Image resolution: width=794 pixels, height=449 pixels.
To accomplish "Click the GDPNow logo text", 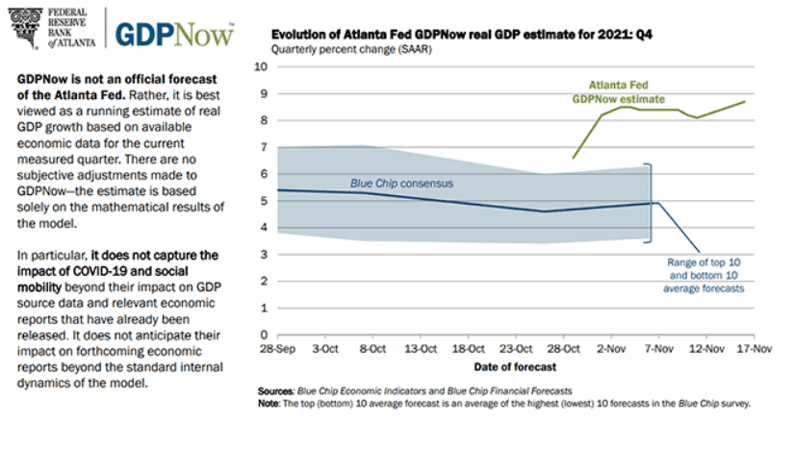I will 174,32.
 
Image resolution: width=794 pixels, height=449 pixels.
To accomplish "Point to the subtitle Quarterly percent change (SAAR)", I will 351,49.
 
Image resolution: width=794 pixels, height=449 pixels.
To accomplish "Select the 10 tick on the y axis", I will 259,66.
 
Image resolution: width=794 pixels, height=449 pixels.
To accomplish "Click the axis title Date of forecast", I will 514,367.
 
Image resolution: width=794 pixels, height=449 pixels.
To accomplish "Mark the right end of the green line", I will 744,101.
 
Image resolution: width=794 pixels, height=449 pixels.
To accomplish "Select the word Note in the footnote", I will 270,404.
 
